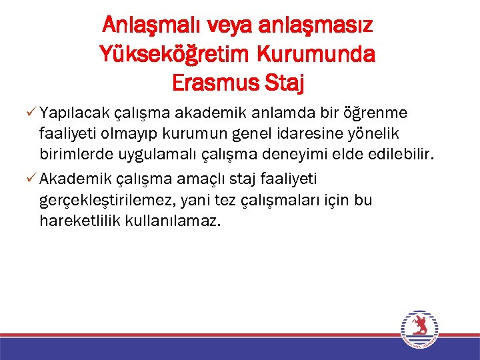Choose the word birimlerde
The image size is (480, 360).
tap(72, 157)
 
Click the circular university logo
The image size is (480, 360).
tap(419, 329)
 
